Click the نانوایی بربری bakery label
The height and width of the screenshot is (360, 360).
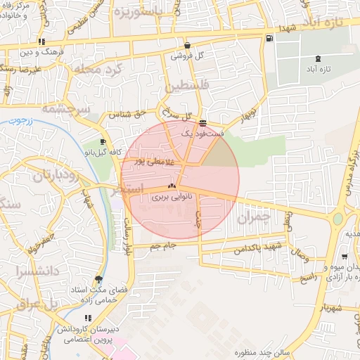[172, 198]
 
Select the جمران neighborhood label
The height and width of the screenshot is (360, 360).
[254, 219]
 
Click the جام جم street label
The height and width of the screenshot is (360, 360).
[162, 246]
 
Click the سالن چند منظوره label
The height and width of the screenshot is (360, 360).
[243, 352]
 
